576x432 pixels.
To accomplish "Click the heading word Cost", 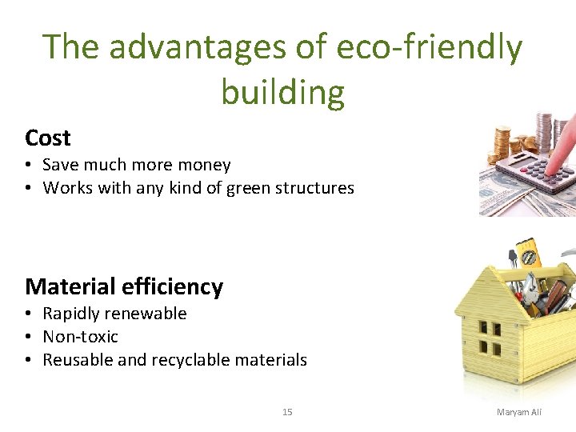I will click(48, 138).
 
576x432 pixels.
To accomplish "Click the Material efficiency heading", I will click(124, 286).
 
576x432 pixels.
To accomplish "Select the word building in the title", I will click(282, 92).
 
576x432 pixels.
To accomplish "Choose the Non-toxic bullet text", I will click(80, 337).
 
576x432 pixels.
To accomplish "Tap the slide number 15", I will click(287, 412).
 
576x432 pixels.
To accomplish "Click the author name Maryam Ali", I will click(519, 412).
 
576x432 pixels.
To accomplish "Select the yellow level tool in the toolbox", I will click(529, 254).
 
